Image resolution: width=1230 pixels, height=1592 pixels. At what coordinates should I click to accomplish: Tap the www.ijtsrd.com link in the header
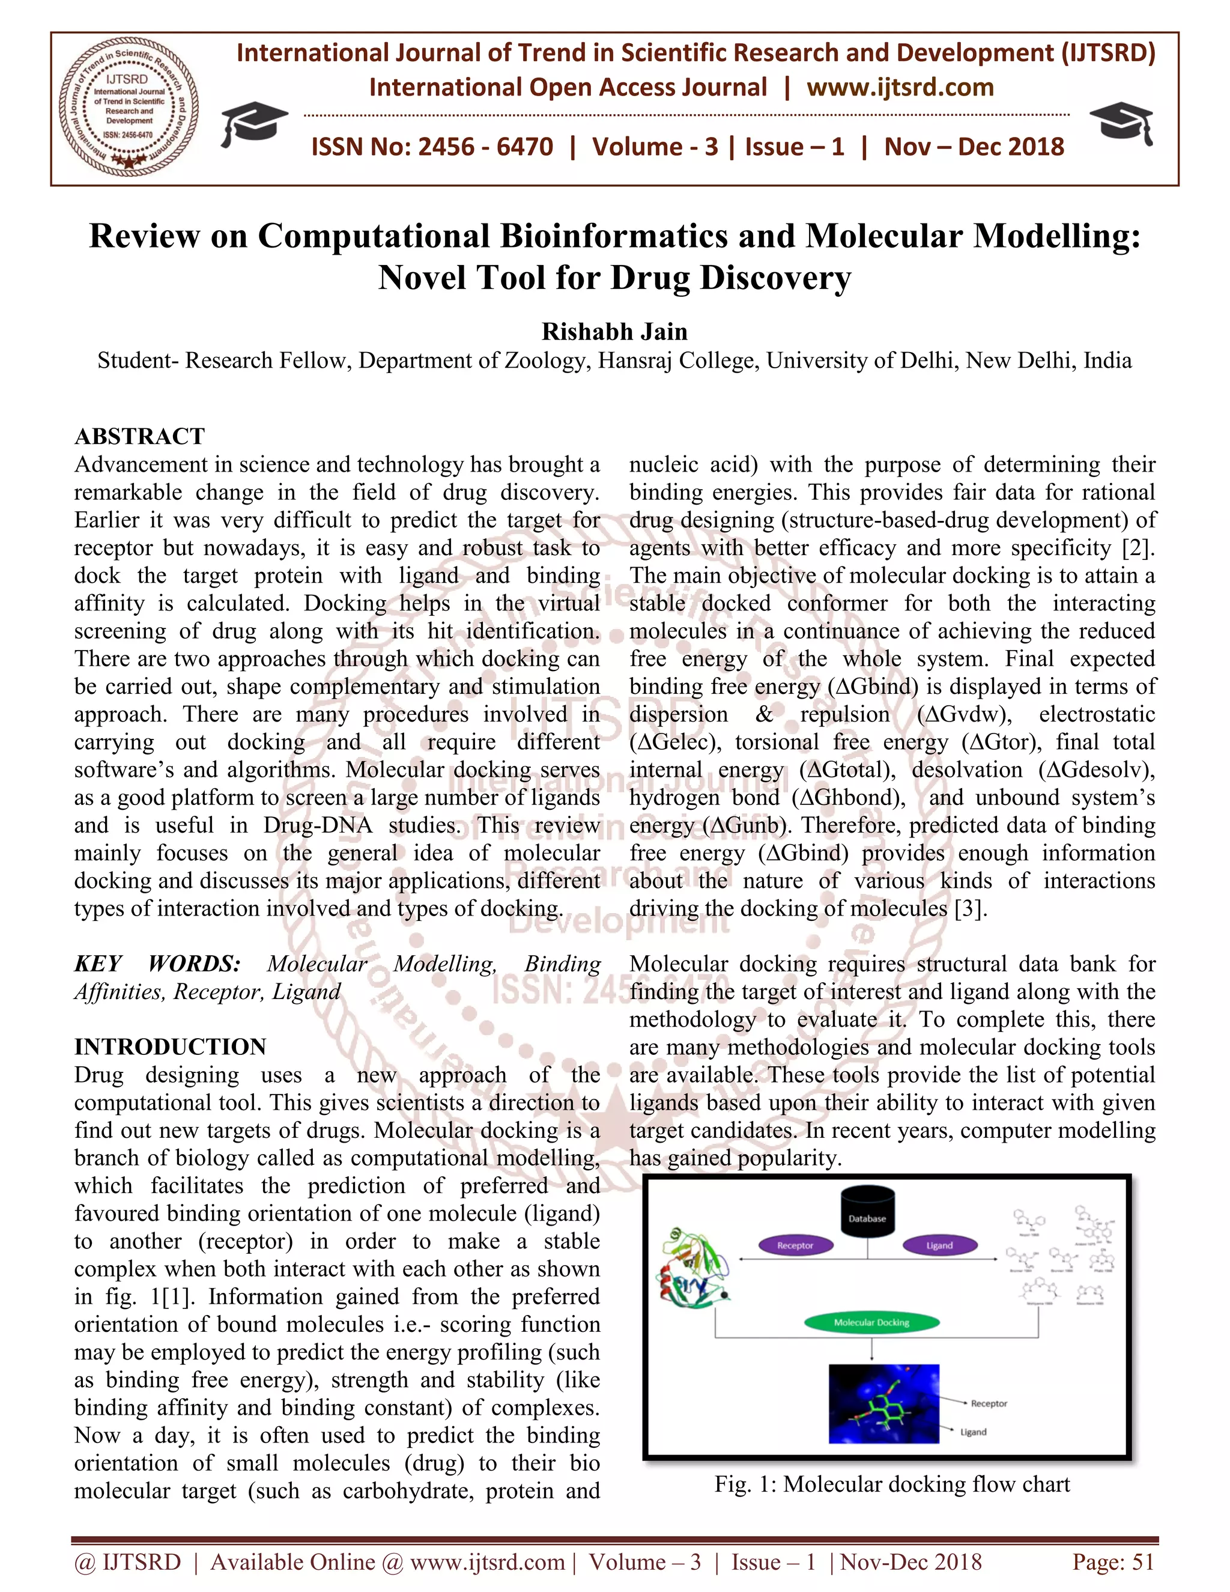(x=900, y=88)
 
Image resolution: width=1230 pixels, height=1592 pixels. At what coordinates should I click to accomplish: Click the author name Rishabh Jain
(x=614, y=332)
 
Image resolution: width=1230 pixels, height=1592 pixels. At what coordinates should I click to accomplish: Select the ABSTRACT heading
(x=140, y=436)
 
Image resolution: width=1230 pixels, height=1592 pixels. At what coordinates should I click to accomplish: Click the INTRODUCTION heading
(x=171, y=1047)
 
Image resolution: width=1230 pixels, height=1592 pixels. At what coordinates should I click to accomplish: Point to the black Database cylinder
(x=867, y=1212)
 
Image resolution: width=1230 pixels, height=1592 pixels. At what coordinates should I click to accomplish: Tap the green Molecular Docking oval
(x=871, y=1322)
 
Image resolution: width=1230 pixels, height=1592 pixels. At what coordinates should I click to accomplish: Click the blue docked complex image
(x=884, y=1404)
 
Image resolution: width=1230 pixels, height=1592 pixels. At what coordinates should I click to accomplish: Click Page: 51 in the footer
(x=1113, y=1562)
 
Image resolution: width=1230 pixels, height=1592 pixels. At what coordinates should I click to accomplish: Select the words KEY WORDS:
(x=157, y=964)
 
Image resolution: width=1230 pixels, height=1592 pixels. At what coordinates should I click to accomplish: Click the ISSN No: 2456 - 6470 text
(x=432, y=147)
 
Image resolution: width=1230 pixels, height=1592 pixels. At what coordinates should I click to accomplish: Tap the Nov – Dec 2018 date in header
(x=974, y=147)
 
